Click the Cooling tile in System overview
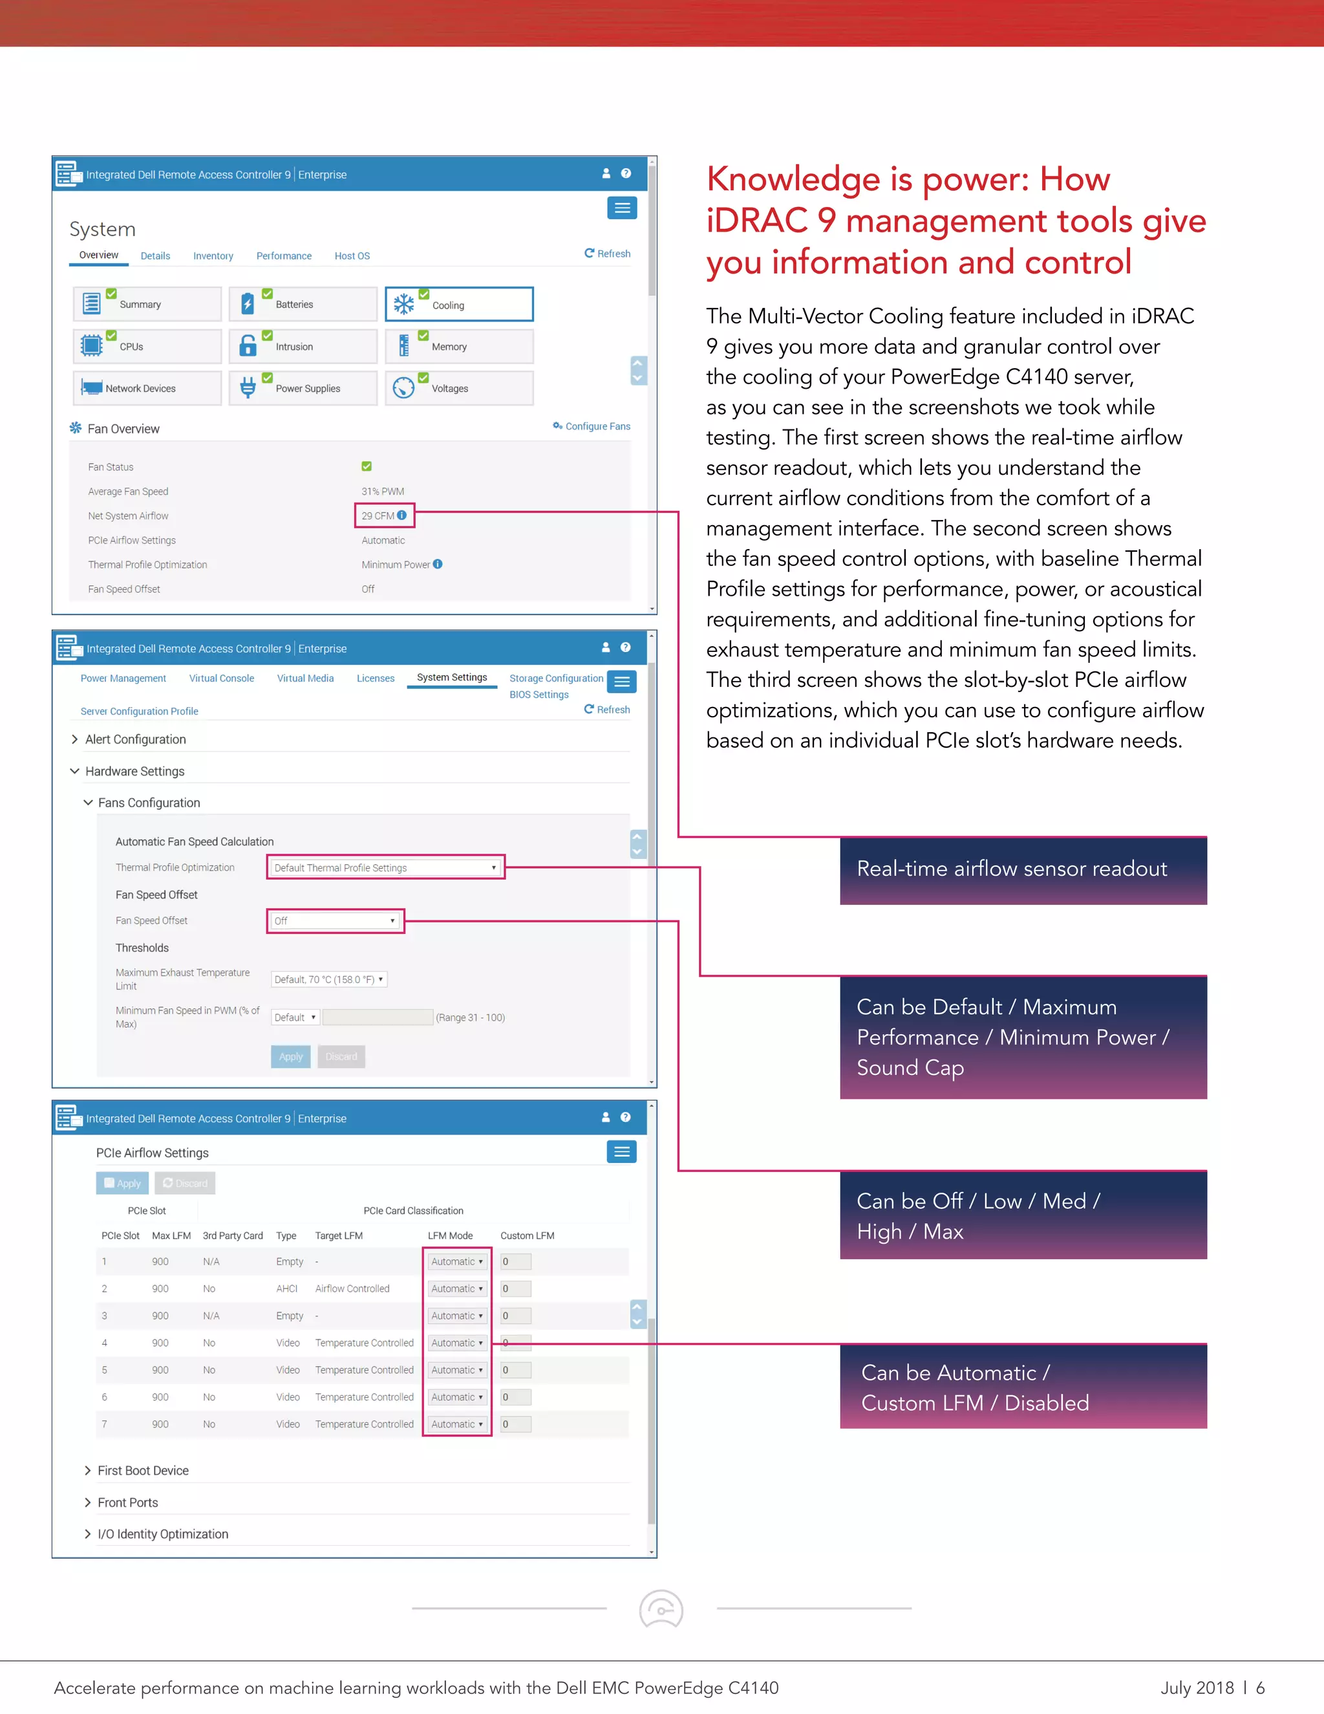coord(459,305)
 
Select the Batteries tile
coord(303,305)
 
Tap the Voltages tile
coord(459,389)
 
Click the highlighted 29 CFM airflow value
coord(383,515)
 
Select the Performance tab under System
coord(284,256)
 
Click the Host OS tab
coord(352,256)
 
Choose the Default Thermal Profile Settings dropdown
coord(385,867)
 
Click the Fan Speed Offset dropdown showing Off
coord(334,920)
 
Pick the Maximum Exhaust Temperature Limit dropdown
coord(328,979)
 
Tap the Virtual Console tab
coord(221,678)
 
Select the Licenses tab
coord(376,678)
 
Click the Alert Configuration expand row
coord(136,739)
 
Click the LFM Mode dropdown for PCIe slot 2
coord(456,1288)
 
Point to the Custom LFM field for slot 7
coord(516,1424)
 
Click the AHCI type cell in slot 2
coord(286,1288)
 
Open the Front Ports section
coord(128,1502)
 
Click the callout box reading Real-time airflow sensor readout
coord(1023,869)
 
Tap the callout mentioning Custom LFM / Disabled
coord(1023,1387)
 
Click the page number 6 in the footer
coord(1260,1687)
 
